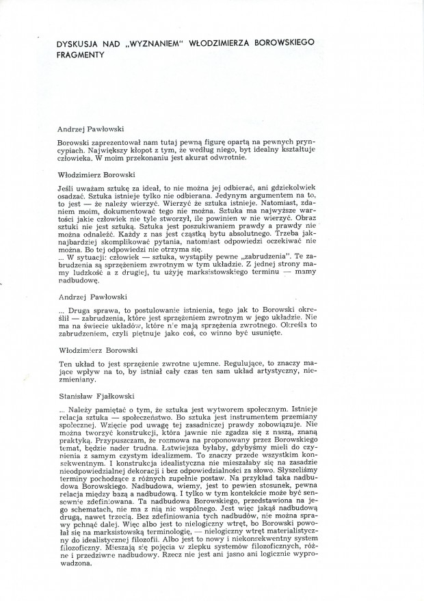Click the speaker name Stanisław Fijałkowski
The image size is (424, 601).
coord(96,396)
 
